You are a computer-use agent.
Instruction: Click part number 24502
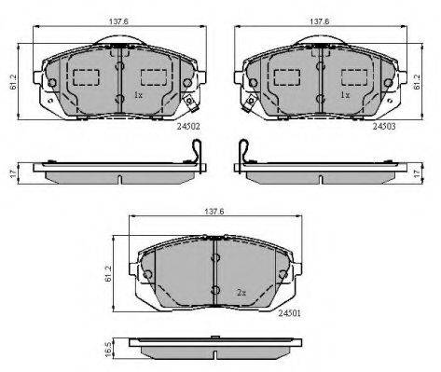pyautogui.click(x=188, y=127)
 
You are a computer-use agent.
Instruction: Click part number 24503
pyautogui.click(x=384, y=127)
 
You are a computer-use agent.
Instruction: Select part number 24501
pyautogui.click(x=289, y=313)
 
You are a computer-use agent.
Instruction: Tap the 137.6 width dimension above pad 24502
pyautogui.click(x=118, y=21)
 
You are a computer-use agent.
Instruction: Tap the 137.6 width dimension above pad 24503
pyautogui.click(x=320, y=21)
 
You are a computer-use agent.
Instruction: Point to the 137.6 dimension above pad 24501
pyautogui.click(x=214, y=212)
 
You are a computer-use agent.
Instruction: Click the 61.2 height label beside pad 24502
pyautogui.click(x=13, y=82)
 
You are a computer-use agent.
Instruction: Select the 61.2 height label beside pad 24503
pyautogui.click(x=417, y=82)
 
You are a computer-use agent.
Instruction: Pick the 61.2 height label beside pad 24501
pyautogui.click(x=108, y=273)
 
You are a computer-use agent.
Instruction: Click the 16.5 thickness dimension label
pyautogui.click(x=108, y=350)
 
